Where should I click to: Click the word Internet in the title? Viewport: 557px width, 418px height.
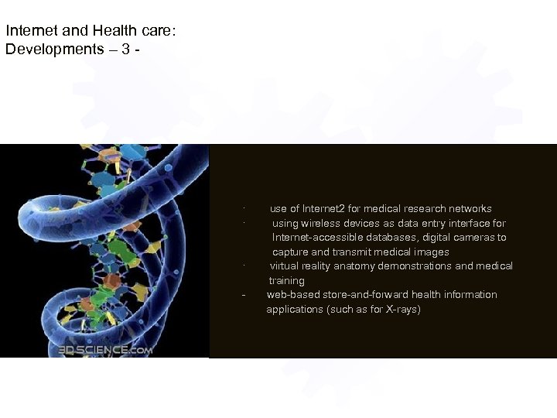(28, 32)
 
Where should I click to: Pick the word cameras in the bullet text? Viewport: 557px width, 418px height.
(477, 238)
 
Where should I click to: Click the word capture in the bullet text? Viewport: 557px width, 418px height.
(289, 252)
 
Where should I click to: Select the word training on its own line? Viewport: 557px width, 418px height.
(287, 281)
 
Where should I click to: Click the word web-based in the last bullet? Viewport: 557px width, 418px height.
(290, 295)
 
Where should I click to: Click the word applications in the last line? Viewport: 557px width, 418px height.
(294, 310)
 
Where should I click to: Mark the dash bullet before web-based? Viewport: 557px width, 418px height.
(244, 296)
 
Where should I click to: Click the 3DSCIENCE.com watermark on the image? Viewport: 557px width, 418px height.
(104, 350)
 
